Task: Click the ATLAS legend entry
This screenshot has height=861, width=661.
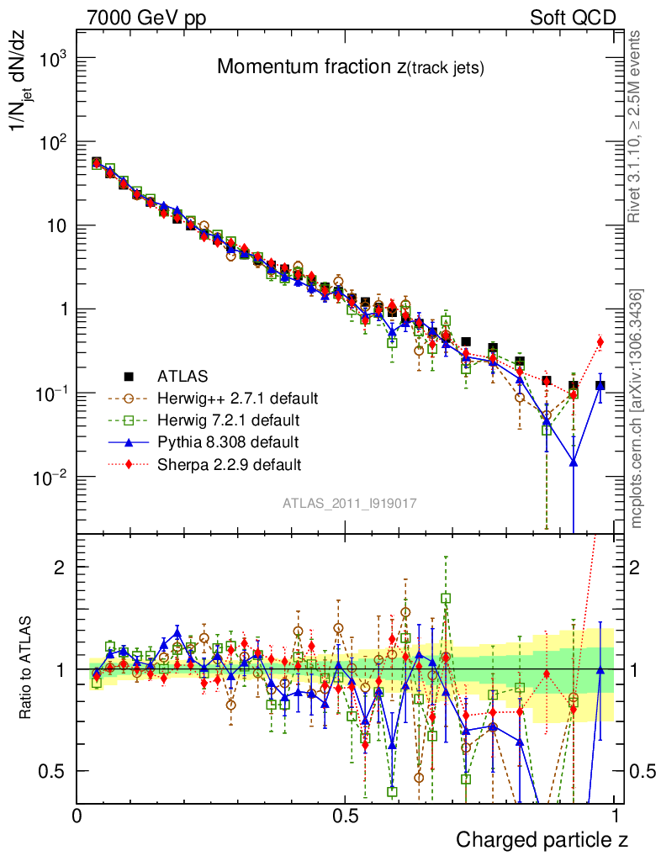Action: click(181, 375)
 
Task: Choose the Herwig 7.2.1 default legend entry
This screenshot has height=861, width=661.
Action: click(227, 419)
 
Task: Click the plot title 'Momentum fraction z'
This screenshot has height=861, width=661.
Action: click(350, 68)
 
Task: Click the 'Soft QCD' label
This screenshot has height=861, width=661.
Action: click(573, 17)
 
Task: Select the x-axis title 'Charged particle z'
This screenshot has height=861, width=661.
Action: click(542, 839)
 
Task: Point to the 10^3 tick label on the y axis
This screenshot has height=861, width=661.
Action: click(52, 59)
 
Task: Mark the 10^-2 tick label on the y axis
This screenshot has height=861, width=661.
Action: click(49, 478)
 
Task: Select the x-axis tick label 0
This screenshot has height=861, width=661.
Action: click(77, 816)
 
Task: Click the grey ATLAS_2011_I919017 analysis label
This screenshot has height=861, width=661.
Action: click(350, 503)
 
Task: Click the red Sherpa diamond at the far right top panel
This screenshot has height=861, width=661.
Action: click(600, 341)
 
